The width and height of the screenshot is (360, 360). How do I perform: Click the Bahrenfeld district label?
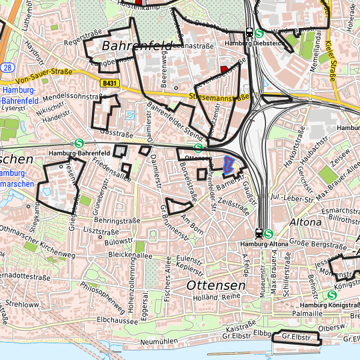[x=137, y=46]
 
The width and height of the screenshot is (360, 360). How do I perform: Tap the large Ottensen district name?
[x=216, y=285]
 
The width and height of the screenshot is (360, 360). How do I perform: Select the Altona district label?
[x=306, y=221]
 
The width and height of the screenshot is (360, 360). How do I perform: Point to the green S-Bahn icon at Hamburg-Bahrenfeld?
[x=79, y=142]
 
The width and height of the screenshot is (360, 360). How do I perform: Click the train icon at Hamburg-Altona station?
[x=258, y=233]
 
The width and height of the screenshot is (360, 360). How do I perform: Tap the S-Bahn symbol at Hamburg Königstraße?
[x=331, y=294]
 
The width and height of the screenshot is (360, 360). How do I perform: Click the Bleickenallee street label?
[x=130, y=255]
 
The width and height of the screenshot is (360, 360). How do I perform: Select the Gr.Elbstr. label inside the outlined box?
[x=297, y=337]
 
